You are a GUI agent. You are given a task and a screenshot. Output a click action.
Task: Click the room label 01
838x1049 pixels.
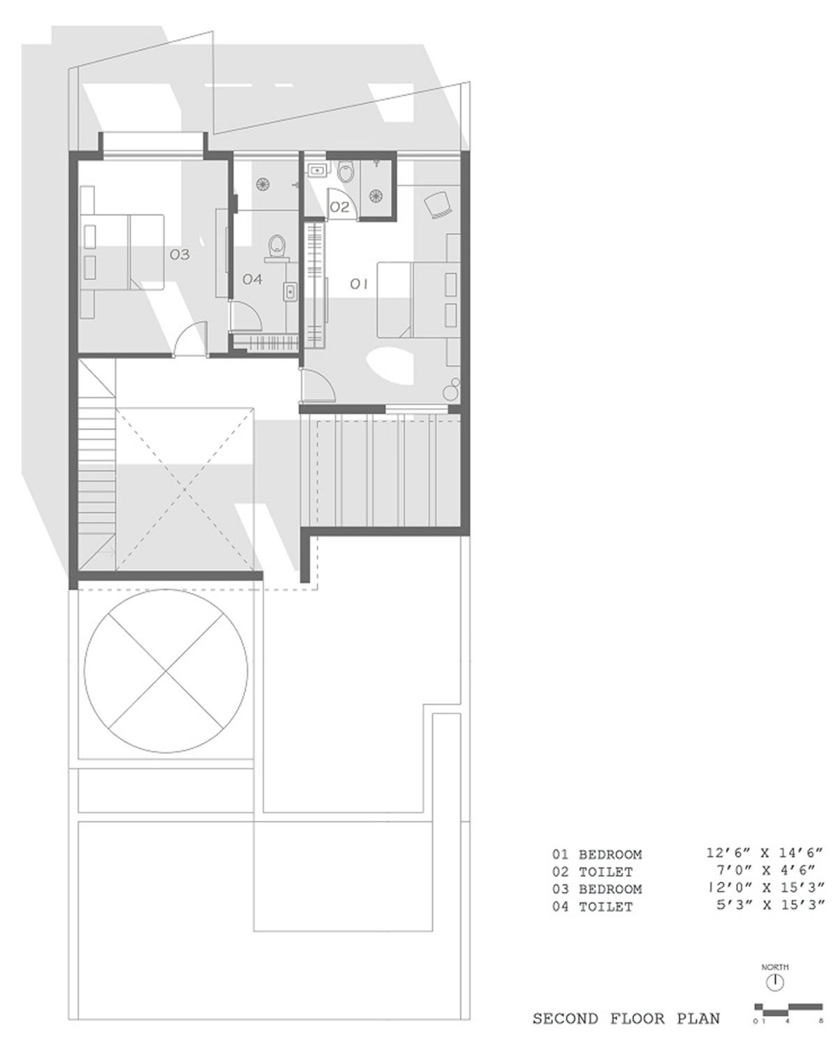point(359,284)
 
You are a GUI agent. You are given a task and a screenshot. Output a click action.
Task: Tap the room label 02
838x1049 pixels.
point(339,207)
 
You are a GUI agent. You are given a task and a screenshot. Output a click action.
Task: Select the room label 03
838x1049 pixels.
point(179,254)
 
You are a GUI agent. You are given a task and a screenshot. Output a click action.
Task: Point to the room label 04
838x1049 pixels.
point(253,279)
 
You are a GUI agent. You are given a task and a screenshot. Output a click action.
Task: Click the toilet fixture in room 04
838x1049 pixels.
point(277,247)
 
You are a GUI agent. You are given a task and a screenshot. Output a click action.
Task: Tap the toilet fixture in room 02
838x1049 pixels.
point(345,171)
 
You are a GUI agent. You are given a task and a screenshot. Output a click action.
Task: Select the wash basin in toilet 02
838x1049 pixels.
point(317,170)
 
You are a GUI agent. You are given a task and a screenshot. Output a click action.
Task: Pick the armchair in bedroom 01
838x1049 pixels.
point(439,204)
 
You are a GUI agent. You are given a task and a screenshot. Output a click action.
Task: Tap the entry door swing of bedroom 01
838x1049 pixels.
point(318,385)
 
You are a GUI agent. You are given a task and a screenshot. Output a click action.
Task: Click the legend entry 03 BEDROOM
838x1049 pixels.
point(597,902)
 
